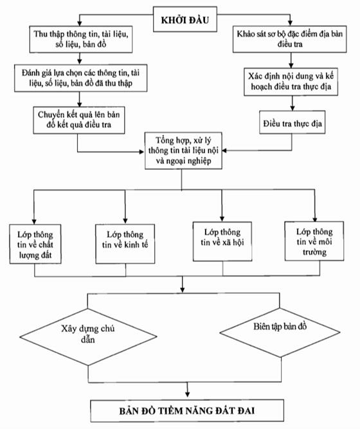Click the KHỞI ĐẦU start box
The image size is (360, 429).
pyautogui.click(x=185, y=19)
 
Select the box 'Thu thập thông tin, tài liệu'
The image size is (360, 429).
pyautogui.click(x=81, y=39)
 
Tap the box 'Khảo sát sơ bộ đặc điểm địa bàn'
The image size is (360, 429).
pyautogui.click(x=290, y=39)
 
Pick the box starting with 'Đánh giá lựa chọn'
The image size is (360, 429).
pyautogui.click(x=81, y=78)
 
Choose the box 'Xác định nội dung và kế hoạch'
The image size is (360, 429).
pyautogui.click(x=291, y=82)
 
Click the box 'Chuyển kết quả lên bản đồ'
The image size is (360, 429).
pyautogui.click(x=79, y=120)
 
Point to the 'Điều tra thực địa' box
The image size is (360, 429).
pyautogui.click(x=292, y=122)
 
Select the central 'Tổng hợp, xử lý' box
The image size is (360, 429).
pyautogui.click(x=183, y=151)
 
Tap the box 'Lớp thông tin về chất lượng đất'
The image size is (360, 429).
pyautogui.click(x=35, y=244)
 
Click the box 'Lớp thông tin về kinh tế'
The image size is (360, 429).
pyautogui.click(x=125, y=244)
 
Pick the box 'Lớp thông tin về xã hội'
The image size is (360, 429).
pyautogui.click(x=222, y=241)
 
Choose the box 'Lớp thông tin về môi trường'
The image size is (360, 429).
pyautogui.click(x=314, y=241)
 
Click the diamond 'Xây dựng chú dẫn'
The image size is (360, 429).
pyautogui.click(x=88, y=337)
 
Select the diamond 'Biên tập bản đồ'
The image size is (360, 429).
pyautogui.click(x=280, y=333)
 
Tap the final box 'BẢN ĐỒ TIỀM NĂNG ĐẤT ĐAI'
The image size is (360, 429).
pyautogui.click(x=187, y=410)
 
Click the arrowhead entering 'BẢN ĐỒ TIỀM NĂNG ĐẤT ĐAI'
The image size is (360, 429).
pyautogui.click(x=187, y=394)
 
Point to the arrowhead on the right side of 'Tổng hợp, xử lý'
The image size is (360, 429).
pyautogui.click(x=224, y=151)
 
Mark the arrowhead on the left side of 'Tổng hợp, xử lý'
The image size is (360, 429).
pyautogui.click(x=141, y=152)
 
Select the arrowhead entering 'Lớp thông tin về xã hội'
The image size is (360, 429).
pyautogui.click(x=222, y=219)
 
